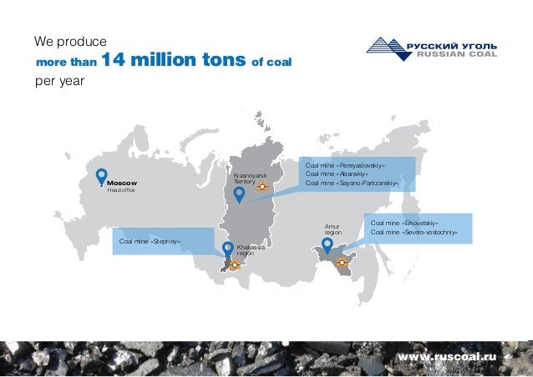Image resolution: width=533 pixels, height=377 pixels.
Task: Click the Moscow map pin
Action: tap(101, 177)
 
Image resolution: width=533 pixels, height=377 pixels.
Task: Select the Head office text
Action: tap(121, 190)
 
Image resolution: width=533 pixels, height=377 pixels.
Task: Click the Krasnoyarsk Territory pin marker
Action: tap(239, 195)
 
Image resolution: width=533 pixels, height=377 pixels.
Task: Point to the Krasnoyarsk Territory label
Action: tap(250, 178)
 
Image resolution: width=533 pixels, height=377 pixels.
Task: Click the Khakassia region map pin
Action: tap(228, 249)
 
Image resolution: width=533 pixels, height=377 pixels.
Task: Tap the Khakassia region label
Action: tap(251, 249)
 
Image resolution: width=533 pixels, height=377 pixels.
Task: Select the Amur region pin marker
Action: tap(327, 246)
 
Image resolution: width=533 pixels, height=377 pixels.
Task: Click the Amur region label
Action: tap(333, 229)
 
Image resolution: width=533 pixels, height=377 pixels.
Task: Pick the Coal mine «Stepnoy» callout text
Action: tap(150, 242)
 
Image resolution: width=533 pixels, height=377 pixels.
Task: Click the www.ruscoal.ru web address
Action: tap(447, 356)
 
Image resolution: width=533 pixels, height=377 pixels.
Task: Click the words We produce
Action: tap(69, 40)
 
